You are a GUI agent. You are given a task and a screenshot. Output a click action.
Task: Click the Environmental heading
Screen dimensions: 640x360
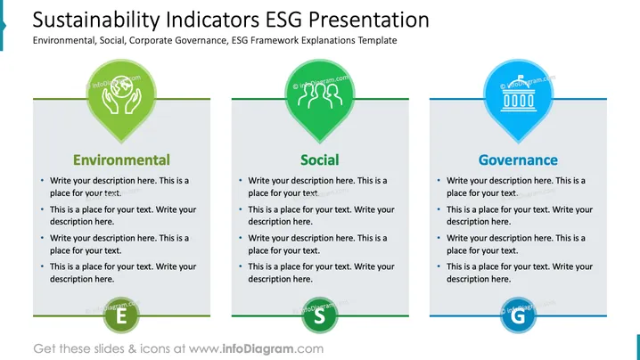coord(121,160)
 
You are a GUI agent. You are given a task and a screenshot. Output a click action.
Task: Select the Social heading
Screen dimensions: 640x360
coord(320,160)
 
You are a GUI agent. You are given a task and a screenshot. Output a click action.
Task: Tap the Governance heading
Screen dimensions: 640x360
coord(518,160)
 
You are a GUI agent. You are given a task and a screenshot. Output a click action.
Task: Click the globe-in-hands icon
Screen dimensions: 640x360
coord(121,94)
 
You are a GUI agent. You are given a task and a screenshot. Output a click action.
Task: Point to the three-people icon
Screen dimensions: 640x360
coord(320,95)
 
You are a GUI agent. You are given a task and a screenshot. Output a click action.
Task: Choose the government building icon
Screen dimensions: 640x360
coord(519,94)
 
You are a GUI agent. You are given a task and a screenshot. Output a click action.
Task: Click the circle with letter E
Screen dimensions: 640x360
coord(121,315)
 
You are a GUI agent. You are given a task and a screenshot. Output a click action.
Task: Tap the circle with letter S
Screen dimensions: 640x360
coord(320,315)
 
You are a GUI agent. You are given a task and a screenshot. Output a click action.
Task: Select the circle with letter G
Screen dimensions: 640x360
coord(518,315)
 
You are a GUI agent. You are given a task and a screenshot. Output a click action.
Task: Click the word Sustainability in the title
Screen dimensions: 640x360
coord(96,20)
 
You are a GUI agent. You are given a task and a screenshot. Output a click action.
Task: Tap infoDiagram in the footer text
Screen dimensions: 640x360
coord(258,348)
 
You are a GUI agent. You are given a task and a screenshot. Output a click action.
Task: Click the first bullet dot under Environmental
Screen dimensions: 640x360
coord(43,180)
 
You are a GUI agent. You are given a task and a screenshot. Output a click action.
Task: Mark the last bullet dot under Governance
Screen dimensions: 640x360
coord(439,266)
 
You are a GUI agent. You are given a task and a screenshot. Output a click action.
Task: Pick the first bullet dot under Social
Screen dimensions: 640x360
coord(241,180)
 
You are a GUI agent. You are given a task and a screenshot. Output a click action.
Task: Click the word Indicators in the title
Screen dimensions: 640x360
coord(213,20)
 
